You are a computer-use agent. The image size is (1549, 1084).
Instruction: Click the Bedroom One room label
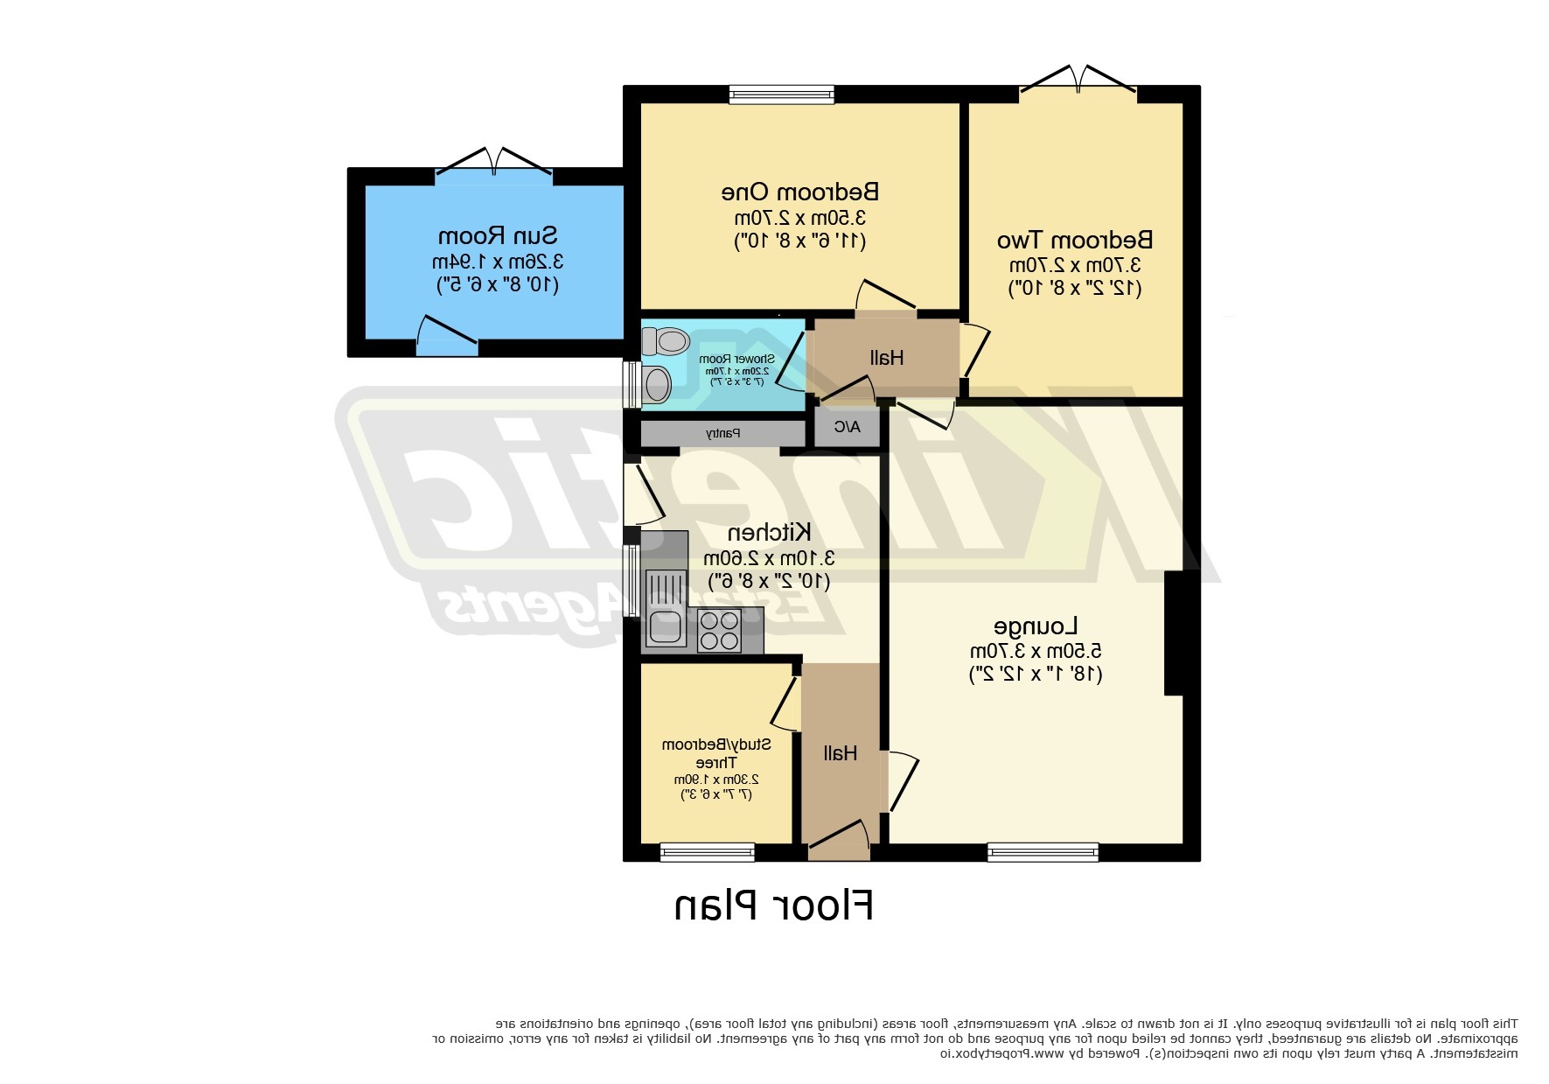tap(799, 192)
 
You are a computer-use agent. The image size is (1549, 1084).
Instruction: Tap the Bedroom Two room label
tap(1075, 240)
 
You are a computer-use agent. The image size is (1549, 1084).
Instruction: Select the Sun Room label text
tap(497, 236)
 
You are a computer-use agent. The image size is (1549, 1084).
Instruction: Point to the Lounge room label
tap(1036, 626)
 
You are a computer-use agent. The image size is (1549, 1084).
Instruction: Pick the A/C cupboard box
tap(847, 428)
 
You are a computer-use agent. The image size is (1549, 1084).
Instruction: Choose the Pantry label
tap(722, 433)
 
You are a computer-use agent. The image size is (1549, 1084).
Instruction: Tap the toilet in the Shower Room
tap(666, 340)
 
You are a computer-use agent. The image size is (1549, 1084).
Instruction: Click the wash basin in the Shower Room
tap(655, 383)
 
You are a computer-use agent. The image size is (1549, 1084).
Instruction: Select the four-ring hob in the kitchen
tap(719, 631)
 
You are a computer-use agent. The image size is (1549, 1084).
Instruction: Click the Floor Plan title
tap(773, 906)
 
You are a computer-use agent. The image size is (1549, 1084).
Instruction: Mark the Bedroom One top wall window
tap(781, 94)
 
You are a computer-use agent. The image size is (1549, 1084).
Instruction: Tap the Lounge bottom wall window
tap(1043, 851)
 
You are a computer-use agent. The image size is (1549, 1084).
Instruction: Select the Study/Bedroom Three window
tap(707, 851)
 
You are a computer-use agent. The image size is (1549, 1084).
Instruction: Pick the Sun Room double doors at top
tap(494, 165)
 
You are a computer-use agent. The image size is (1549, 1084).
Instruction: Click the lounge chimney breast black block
tap(1173, 633)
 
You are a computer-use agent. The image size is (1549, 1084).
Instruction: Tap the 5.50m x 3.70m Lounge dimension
tap(1036, 652)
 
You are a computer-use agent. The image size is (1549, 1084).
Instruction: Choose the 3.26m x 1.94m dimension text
tap(497, 262)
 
